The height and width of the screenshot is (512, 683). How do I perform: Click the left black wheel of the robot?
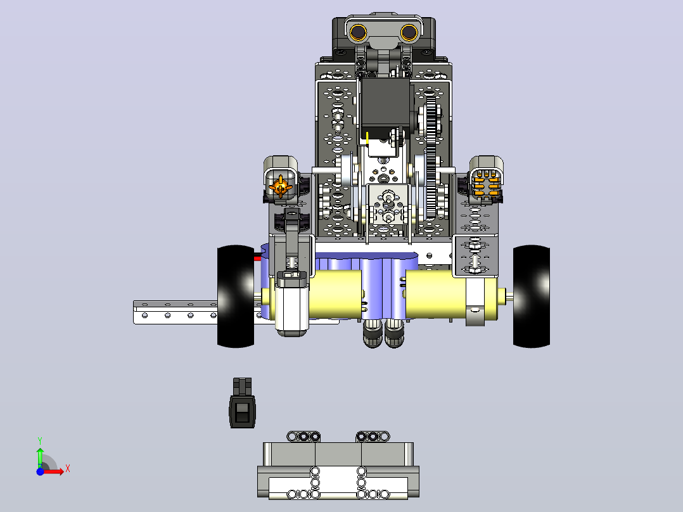click(x=236, y=297)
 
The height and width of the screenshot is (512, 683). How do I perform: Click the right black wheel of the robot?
click(x=532, y=297)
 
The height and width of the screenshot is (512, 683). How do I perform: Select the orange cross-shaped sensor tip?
click(x=281, y=188)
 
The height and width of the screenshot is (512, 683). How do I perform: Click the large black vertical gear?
click(x=431, y=157)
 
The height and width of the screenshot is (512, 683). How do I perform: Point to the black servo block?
click(x=385, y=105)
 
